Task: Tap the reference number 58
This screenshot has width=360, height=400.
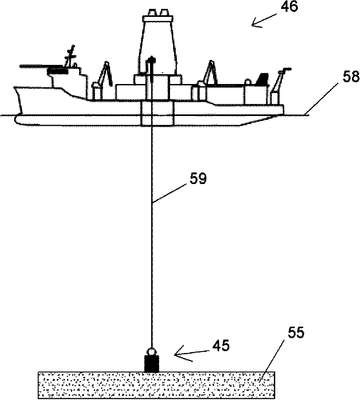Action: pos(351,76)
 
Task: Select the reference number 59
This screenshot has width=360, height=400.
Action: pos(198,179)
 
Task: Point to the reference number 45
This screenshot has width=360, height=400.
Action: pos(220,346)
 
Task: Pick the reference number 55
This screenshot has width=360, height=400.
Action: pos(295,333)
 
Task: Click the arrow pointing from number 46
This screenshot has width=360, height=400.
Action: pos(265,20)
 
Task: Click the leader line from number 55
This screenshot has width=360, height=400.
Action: pos(274,360)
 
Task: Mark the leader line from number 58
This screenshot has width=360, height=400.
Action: pos(321,99)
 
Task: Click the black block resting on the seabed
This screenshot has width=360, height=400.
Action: pos(152,364)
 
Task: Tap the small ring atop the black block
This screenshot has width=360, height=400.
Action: pos(152,352)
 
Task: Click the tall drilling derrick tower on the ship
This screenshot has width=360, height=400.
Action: pos(157,42)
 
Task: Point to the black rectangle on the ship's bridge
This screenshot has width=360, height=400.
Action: pos(57,71)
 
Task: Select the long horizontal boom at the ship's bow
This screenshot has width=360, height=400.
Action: pos(42,67)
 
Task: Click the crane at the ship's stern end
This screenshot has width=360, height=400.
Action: pos(279,86)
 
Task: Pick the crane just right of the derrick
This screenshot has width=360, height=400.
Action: pos(207,79)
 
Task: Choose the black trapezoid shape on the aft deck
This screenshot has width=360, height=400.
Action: pos(262,79)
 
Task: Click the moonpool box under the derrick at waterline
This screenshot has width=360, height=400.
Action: pos(157,113)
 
